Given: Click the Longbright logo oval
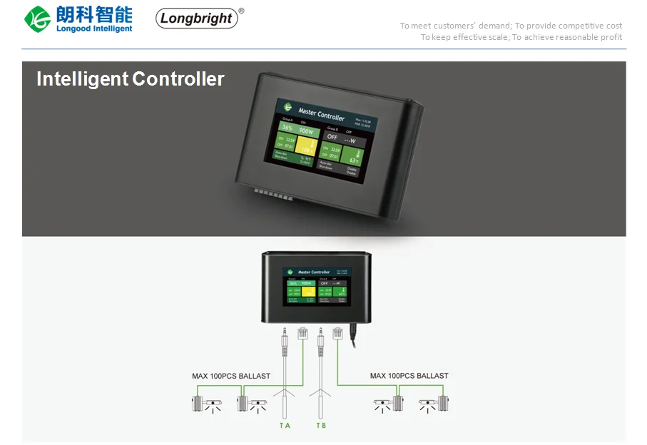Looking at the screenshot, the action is click(197, 19).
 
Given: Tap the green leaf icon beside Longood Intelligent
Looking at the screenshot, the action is click(37, 19).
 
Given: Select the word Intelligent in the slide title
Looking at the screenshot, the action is click(82, 79).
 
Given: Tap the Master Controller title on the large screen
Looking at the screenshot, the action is click(321, 113).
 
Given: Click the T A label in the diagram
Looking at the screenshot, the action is click(285, 426).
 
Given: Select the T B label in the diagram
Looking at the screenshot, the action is click(321, 426).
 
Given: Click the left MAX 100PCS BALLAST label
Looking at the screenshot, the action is click(231, 376).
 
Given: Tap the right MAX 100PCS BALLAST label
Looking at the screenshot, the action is click(409, 376).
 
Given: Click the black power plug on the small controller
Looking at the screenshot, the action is click(352, 332).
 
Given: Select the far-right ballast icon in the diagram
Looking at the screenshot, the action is click(442, 404).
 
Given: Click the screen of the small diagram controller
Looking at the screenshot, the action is click(314, 287).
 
